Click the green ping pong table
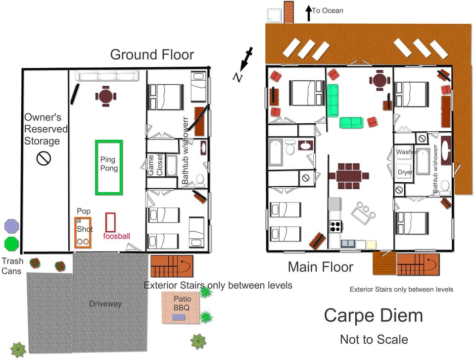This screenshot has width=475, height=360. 109,167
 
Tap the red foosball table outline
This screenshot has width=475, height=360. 110,222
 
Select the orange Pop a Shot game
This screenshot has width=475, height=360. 83,232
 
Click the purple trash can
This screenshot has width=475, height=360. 11,226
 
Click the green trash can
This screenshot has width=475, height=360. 11,244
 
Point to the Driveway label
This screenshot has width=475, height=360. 105,304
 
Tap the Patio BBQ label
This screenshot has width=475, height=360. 182,303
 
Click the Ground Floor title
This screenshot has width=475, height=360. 152,54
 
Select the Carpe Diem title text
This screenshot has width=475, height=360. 373,315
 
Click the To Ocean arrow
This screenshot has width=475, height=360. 309,13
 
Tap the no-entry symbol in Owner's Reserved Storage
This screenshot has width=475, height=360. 44,158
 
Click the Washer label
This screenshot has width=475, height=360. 406,152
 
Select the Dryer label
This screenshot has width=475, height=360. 405,172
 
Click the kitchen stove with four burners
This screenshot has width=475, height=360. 335,226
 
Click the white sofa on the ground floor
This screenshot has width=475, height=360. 107,76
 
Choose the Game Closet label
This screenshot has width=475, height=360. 155,165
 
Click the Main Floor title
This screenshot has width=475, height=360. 321,267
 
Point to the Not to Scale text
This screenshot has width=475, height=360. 374,339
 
